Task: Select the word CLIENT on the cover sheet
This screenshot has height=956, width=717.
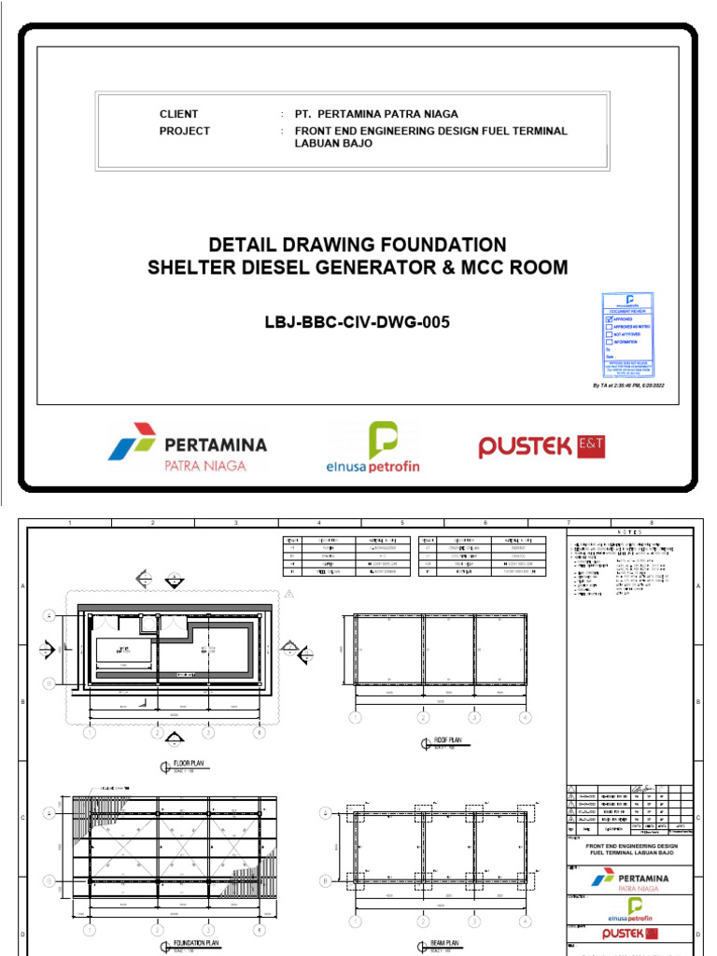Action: coord(178,114)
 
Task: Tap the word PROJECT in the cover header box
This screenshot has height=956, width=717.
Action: coord(184,132)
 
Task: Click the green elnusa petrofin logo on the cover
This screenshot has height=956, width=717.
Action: coord(373,447)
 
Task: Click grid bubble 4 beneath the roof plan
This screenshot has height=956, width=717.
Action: coord(526,718)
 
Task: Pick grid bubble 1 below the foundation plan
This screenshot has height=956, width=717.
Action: coord(90,931)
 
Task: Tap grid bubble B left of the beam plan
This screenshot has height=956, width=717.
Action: coord(325,879)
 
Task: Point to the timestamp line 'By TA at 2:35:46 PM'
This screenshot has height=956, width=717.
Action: coord(628,385)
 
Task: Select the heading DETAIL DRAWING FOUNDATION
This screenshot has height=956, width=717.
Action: coord(358,245)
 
